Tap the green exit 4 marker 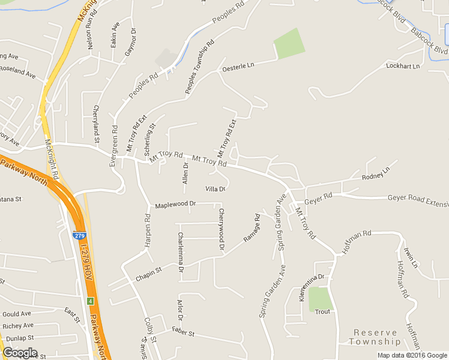89,300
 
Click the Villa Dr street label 215,189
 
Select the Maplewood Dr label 175,205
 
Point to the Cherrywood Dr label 221,229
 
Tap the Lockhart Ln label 402,65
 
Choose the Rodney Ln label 376,174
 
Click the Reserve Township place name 376,337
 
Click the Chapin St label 149,274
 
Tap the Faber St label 183,332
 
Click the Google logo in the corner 20,352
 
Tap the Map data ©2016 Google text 412,355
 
